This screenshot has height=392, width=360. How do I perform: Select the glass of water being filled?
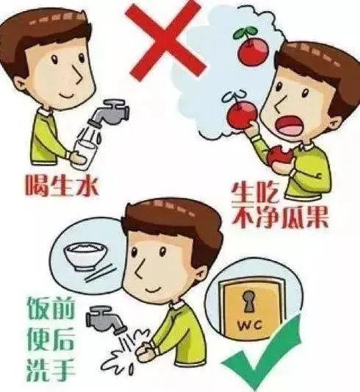[83, 155]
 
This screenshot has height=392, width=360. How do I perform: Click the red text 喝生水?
[62, 186]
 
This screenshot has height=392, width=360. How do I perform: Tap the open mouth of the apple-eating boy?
[289, 125]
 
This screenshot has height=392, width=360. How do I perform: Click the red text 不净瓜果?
[280, 217]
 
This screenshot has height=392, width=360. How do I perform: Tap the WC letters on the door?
[250, 326]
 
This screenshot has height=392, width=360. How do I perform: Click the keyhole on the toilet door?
[248, 302]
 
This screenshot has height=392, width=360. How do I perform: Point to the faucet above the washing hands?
[105, 320]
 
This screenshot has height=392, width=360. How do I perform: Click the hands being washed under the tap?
[145, 351]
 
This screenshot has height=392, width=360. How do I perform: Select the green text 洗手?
[51, 371]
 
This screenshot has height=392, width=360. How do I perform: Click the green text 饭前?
[51, 308]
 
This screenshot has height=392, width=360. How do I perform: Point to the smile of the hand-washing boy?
[153, 291]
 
